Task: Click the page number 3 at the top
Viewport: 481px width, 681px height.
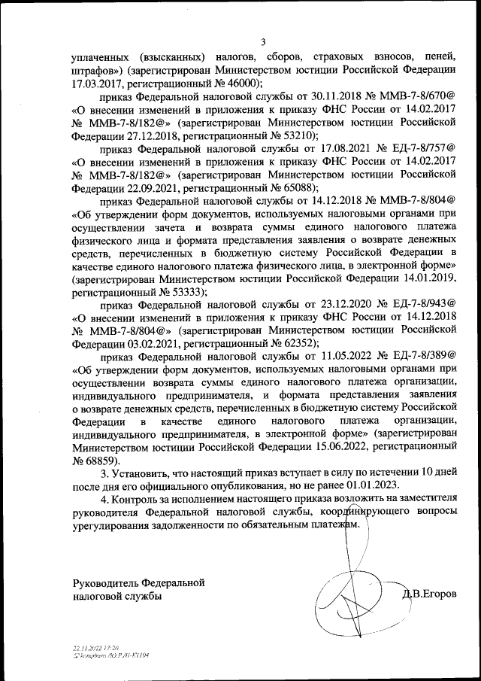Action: point(263,41)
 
